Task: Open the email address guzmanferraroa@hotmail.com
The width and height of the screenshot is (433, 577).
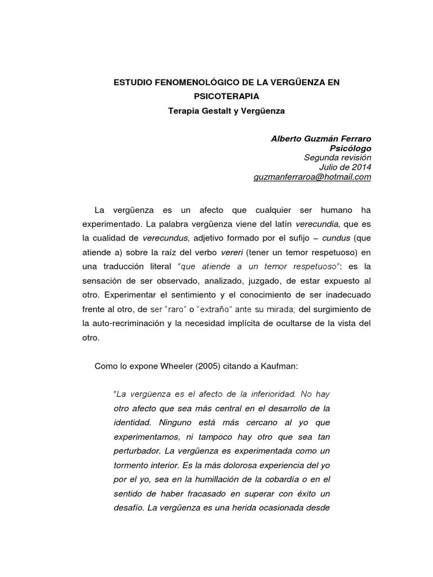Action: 313,177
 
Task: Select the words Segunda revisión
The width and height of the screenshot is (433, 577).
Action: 338,158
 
